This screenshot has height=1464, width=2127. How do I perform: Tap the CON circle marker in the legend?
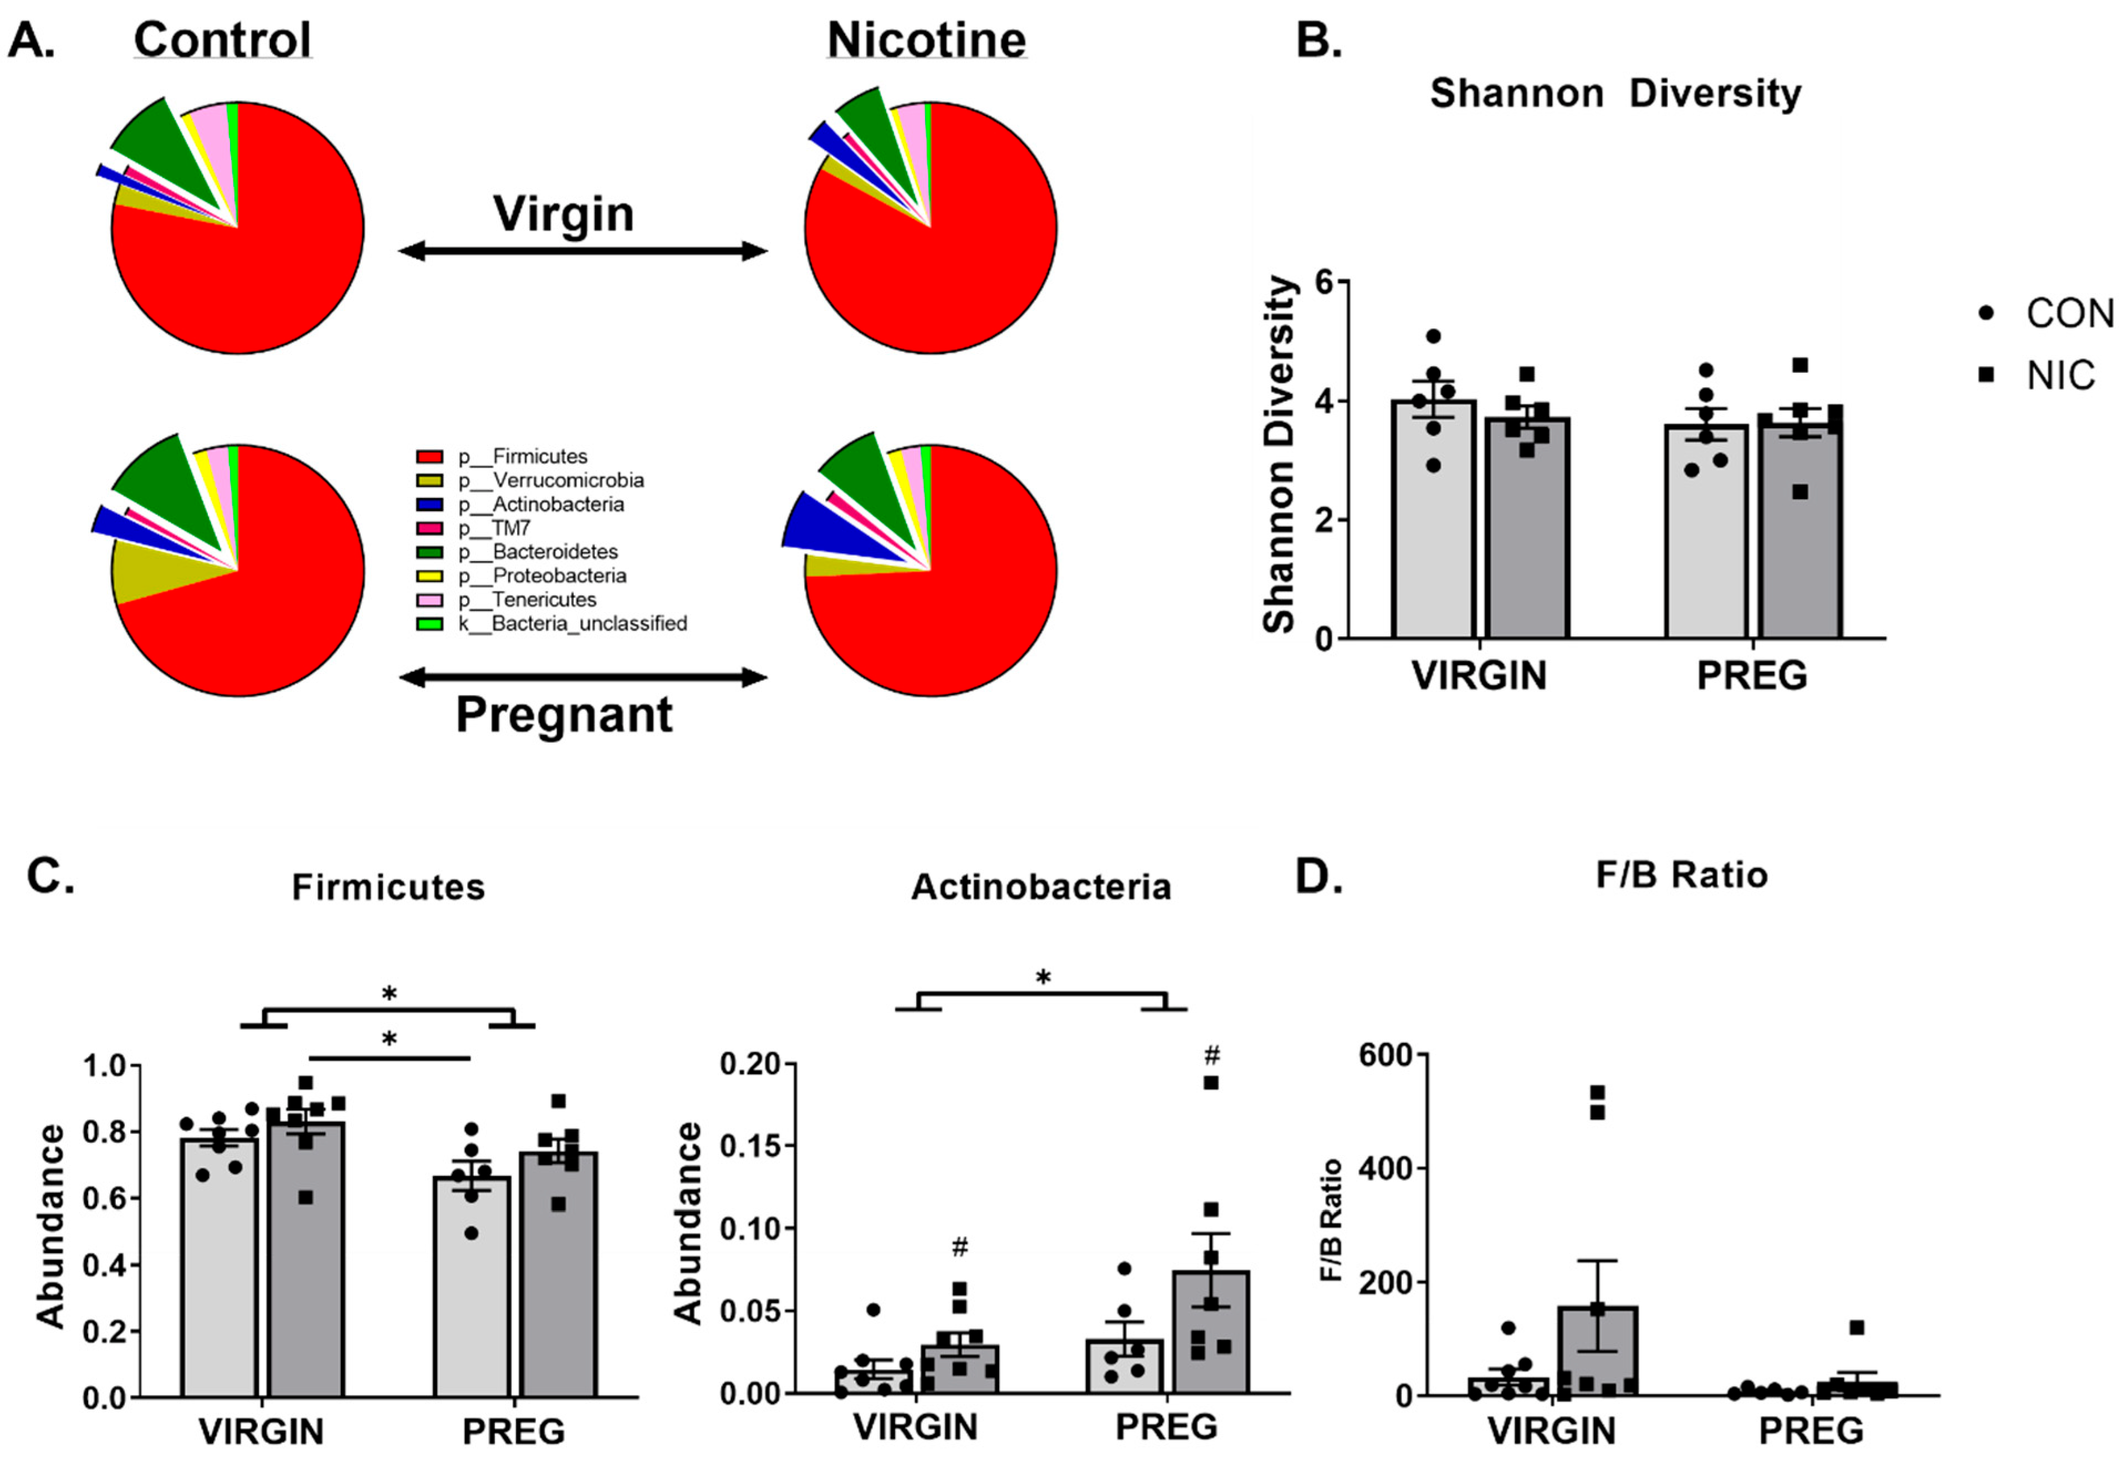point(1987,314)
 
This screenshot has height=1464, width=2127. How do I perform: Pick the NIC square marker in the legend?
point(1987,375)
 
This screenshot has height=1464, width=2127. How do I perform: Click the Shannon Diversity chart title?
point(1615,94)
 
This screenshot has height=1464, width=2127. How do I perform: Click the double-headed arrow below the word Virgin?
point(582,250)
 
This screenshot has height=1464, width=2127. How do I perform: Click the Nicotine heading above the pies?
point(926,40)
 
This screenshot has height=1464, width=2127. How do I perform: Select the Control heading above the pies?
point(223,40)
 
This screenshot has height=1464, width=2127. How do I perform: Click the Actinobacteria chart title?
point(1041,887)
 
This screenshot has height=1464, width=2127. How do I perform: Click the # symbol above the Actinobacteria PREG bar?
point(1211,1055)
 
